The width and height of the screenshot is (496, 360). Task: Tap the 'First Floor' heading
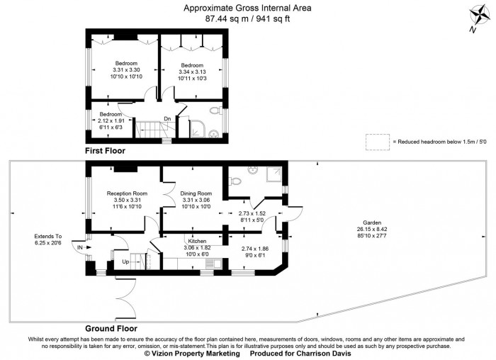[105, 151]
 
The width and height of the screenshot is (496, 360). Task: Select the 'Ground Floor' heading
[111, 329]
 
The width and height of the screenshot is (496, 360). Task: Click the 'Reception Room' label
[127, 193]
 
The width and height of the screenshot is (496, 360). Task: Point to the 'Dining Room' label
[196, 193]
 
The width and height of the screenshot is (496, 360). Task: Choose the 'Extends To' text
[48, 236]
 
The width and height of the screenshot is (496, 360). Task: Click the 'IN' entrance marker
[80, 248]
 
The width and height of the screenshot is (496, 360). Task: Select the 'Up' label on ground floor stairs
[127, 261]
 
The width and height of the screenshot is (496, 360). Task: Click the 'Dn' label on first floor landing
[167, 118]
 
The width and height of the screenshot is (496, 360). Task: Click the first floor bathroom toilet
[215, 111]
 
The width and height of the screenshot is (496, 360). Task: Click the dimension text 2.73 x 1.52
[252, 213]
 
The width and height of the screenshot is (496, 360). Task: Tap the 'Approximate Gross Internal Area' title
[247, 8]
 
